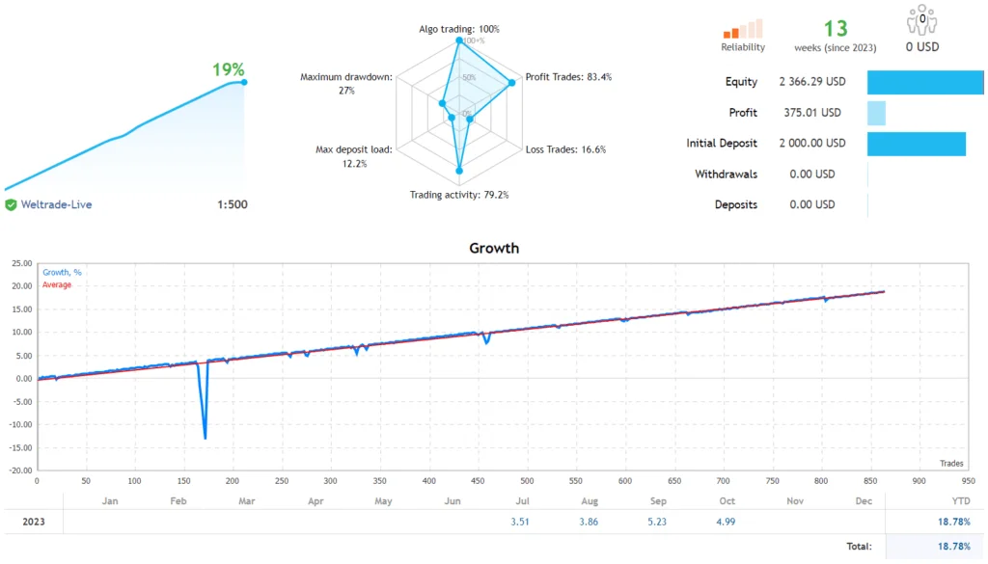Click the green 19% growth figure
click(228, 69)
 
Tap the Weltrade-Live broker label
click(56, 204)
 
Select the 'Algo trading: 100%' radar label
click(459, 29)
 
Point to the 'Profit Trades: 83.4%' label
click(568, 77)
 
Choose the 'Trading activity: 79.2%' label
click(459, 195)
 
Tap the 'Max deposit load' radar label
click(354, 156)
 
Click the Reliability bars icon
click(743, 29)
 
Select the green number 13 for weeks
click(836, 29)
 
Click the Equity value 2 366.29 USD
click(812, 82)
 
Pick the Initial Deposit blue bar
click(916, 144)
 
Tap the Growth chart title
click(494, 248)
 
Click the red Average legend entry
click(57, 285)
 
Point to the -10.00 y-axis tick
click(19, 424)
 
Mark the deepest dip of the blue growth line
click(205, 439)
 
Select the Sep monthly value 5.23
click(658, 522)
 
